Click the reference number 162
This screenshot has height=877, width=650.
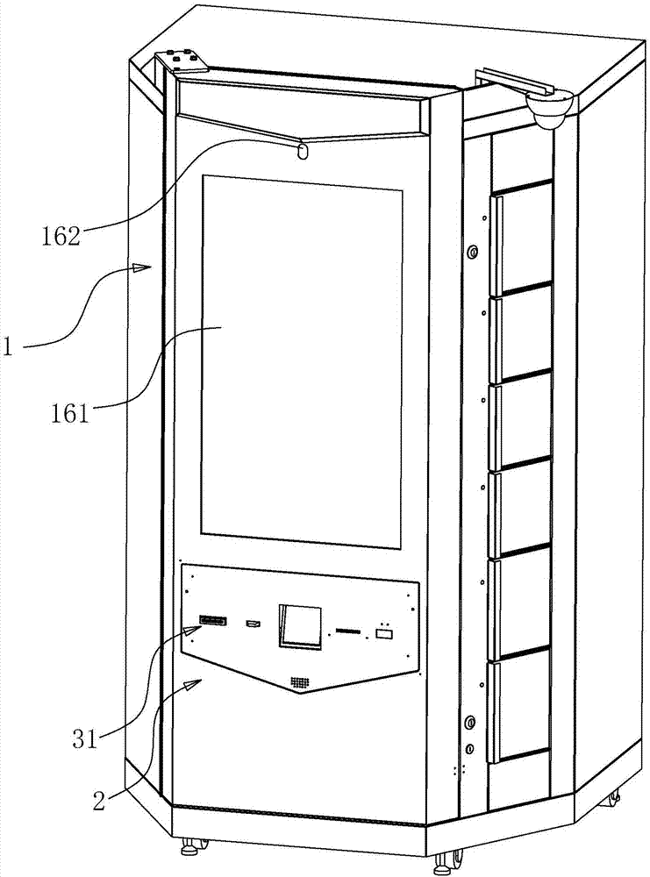[x=61, y=235]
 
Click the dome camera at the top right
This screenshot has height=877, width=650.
[x=549, y=110]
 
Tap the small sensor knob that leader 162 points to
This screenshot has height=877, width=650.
[x=303, y=152]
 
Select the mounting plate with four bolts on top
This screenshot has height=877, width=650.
[x=182, y=61]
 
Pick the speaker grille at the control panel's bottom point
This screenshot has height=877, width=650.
[x=302, y=681]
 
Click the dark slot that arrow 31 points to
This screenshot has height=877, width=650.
[x=212, y=621]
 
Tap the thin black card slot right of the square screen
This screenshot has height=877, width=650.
[x=347, y=630]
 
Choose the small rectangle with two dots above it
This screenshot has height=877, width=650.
[x=383, y=632]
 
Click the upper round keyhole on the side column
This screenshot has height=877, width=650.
[x=473, y=253]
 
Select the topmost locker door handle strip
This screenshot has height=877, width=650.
[x=495, y=245]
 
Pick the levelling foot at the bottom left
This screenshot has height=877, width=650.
[x=188, y=848]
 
